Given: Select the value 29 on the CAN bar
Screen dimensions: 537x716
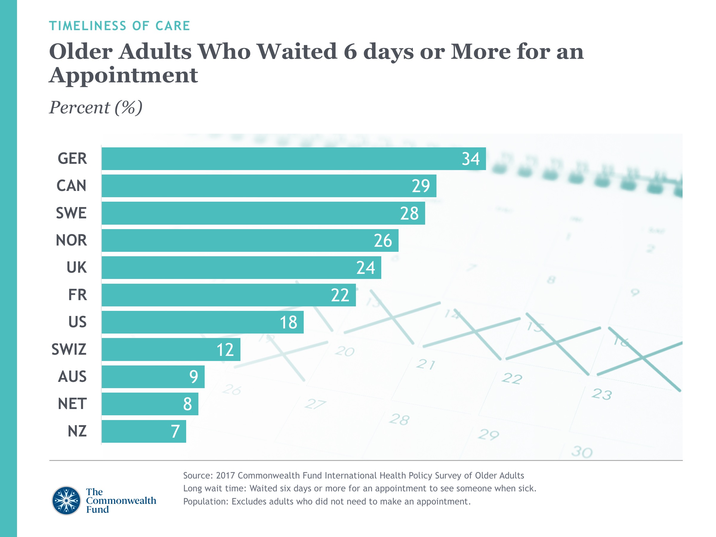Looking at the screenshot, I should click(x=420, y=186).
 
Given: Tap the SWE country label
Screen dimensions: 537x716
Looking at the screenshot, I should click(x=71, y=213).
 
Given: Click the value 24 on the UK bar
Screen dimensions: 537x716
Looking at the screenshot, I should click(x=365, y=268).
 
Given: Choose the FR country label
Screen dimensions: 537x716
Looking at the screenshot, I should click(x=77, y=295).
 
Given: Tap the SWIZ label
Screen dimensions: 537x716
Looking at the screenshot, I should click(x=69, y=350).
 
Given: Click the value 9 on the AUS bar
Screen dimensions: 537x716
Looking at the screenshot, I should click(x=194, y=377).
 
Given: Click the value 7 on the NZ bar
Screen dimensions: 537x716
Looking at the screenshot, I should click(x=175, y=431).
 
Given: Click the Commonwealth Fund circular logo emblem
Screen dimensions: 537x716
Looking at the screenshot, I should click(x=66, y=500).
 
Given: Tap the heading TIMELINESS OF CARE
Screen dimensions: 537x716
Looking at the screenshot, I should click(x=119, y=26).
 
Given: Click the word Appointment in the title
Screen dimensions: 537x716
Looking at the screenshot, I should click(x=123, y=75).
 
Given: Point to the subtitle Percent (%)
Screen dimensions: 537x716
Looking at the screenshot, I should click(x=96, y=107).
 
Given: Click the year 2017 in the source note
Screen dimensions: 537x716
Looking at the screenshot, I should click(x=225, y=476).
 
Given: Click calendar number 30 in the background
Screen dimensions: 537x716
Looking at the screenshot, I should click(x=582, y=452).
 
